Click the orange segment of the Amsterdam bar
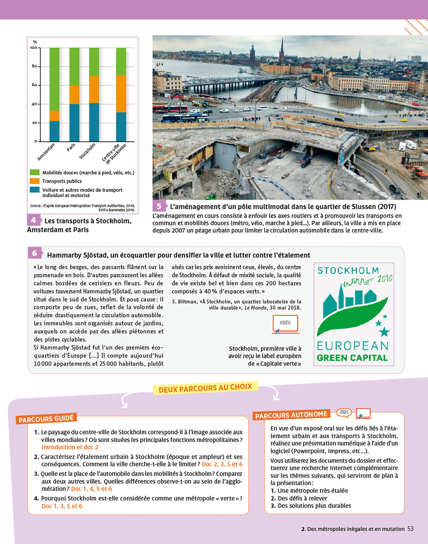[54, 116]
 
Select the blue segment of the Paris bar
[74, 123]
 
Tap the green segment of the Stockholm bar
[94, 62]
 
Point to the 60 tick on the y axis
[34, 85]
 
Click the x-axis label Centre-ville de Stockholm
[114, 153]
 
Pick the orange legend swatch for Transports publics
[34, 181]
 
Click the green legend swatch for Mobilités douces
[34, 173]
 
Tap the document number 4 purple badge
[33, 220]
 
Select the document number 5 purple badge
[159, 206]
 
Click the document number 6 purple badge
[34, 253]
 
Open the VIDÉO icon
[285, 323]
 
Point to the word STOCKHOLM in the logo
[348, 271]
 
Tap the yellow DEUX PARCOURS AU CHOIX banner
[205, 388]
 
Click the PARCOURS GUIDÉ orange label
[46, 419]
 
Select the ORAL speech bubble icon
[344, 412]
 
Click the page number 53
[411, 529]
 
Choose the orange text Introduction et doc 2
[70, 447]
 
